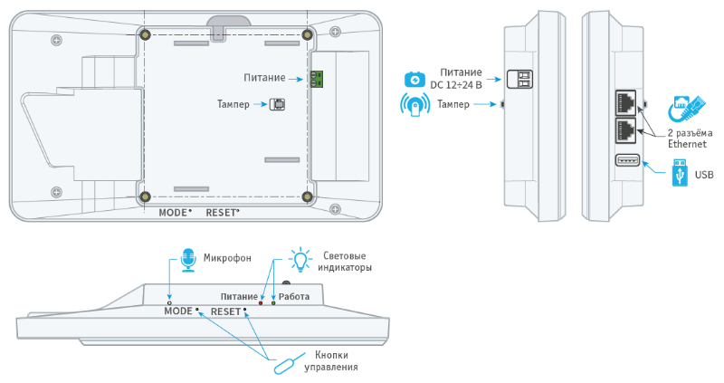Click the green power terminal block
(x=317, y=79)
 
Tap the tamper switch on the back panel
(x=277, y=104)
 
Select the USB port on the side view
(x=627, y=160)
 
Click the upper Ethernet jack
(x=625, y=102)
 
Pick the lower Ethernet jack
(x=625, y=130)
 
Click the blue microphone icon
(x=188, y=260)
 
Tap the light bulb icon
(x=300, y=260)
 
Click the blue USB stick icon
(x=680, y=172)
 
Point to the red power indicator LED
(x=261, y=303)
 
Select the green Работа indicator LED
(x=273, y=303)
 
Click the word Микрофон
(x=227, y=258)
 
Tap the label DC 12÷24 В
(x=456, y=85)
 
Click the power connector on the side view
(x=519, y=79)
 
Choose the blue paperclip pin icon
(x=289, y=363)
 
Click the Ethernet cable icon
(x=688, y=109)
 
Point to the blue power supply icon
(x=414, y=80)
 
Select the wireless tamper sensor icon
(x=414, y=105)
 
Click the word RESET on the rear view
(x=221, y=213)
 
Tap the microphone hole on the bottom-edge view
(x=169, y=302)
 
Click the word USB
(x=704, y=175)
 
